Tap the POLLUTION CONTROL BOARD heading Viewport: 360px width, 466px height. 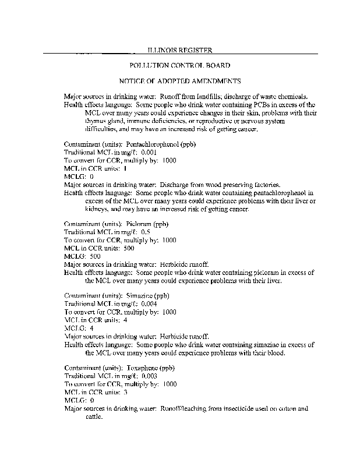tap(179, 66)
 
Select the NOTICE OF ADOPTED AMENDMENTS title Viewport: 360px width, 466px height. tap(180, 80)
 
